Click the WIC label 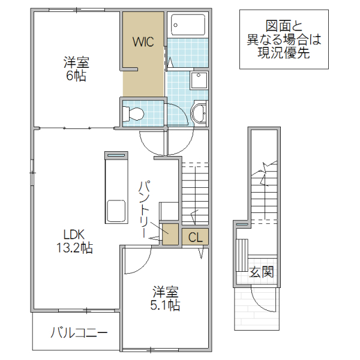tap(143, 42)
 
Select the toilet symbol tap(134, 113)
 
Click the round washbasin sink tap(198, 112)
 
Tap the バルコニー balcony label tap(79, 332)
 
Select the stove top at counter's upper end tap(116, 155)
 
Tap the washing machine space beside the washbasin tap(199, 81)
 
